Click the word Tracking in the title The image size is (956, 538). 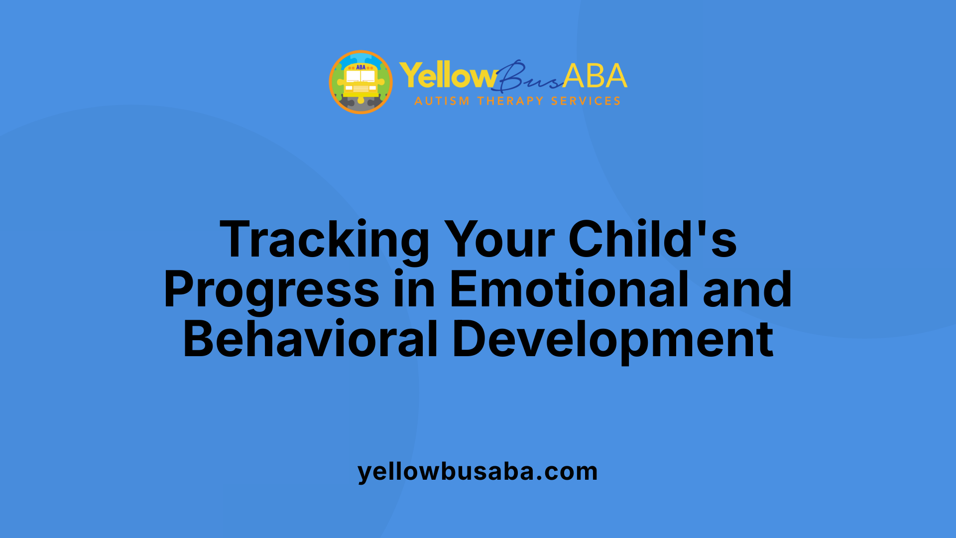pos(324,241)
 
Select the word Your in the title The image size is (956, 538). pos(499,241)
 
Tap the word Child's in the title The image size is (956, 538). pos(652,241)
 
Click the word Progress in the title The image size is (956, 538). pos(271,290)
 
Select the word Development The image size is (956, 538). pos(612,340)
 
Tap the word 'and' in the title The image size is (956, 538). pos(747,290)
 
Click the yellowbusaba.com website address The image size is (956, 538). pos(478,471)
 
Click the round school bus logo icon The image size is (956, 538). pos(360,82)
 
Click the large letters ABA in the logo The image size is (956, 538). pos(595,76)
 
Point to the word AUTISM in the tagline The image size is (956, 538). pos(442,101)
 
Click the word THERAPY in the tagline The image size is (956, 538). pos(510,101)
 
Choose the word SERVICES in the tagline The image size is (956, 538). pos(586,101)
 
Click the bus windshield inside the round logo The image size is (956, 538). pos(360,76)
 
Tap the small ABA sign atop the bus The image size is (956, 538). pos(360,67)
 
